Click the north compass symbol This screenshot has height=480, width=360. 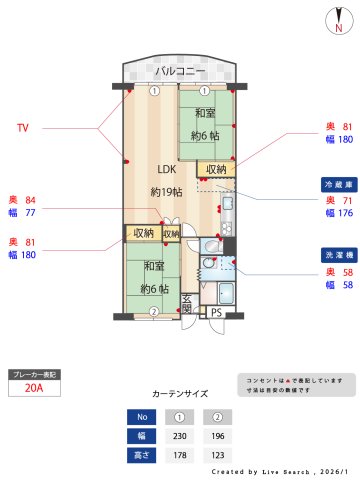click(340, 22)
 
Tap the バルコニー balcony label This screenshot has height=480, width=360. click(180, 72)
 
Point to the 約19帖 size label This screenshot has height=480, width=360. click(169, 191)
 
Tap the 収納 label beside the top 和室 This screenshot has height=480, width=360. click(216, 169)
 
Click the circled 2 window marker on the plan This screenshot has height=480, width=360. click(153, 312)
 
